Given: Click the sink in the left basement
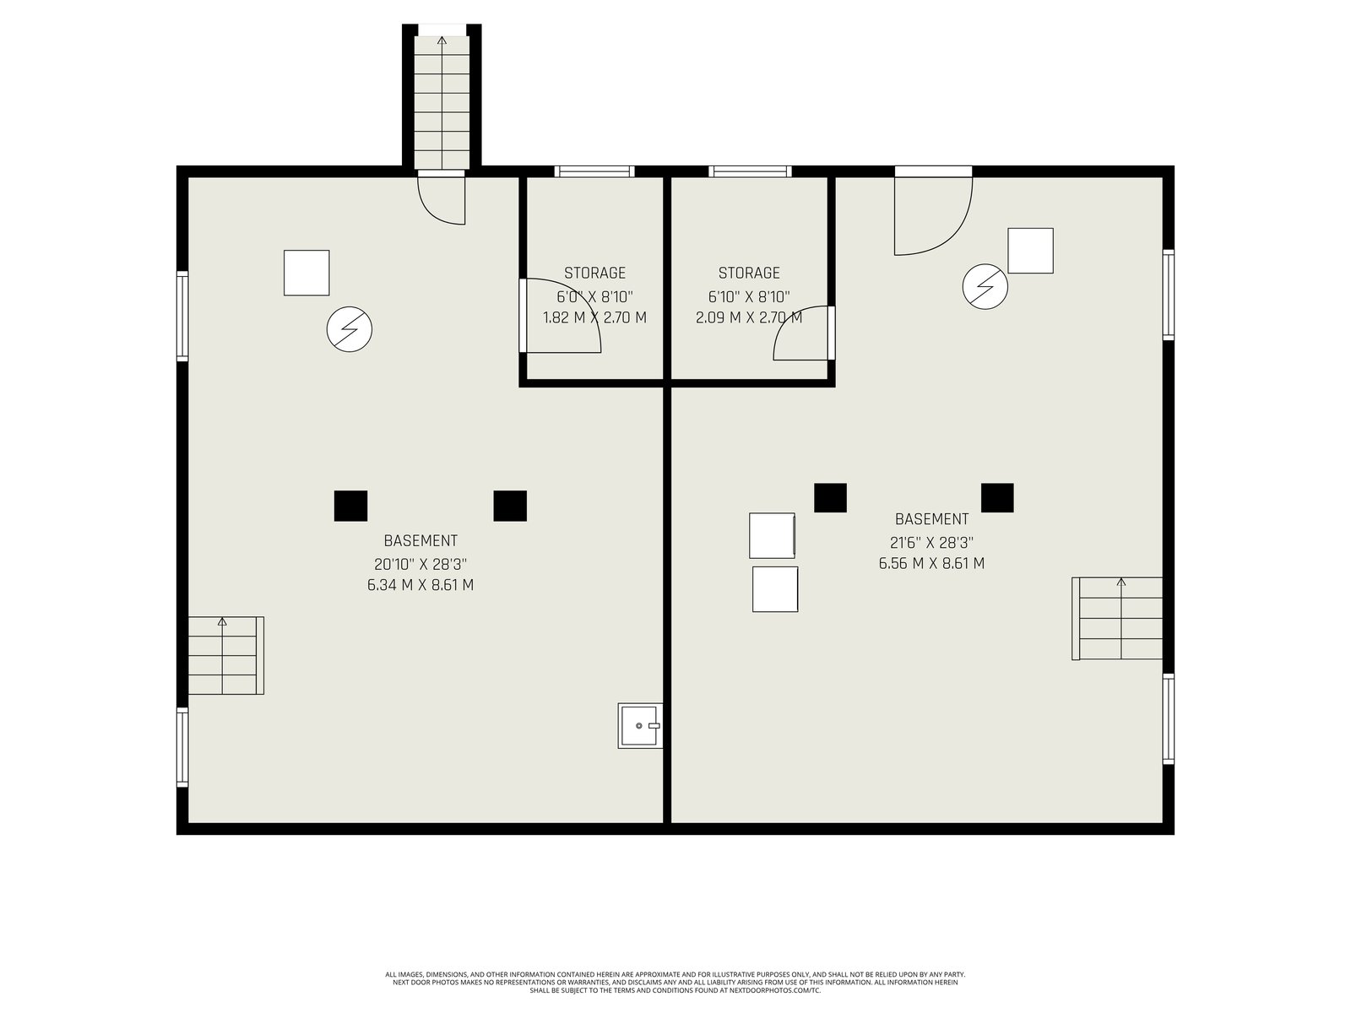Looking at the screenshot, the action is pyautogui.click(x=640, y=726).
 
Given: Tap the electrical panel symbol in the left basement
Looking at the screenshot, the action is pyautogui.click(x=350, y=330).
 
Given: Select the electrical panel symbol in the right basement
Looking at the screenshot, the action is pyautogui.click(x=985, y=287).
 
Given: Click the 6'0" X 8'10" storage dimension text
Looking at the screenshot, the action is pyautogui.click(x=594, y=297).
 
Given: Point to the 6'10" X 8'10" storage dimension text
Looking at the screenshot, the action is pyautogui.click(x=749, y=297).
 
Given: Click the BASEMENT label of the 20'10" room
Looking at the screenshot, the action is pyautogui.click(x=420, y=540).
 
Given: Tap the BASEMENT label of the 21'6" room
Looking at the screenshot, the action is pyautogui.click(x=931, y=519).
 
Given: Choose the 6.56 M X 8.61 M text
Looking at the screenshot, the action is pyautogui.click(x=931, y=563).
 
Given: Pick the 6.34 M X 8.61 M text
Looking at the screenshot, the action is pyautogui.click(x=420, y=585).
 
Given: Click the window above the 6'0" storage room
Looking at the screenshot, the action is pyautogui.click(x=594, y=171).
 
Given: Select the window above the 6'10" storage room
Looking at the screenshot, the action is pyautogui.click(x=749, y=171).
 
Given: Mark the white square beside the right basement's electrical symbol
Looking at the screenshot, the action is pyautogui.click(x=1030, y=251).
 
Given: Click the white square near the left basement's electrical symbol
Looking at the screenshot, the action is pyautogui.click(x=307, y=273).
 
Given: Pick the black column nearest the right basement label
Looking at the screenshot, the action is pyautogui.click(x=830, y=497).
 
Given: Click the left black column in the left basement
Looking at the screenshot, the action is pyautogui.click(x=350, y=506).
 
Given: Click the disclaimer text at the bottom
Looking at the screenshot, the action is pyautogui.click(x=675, y=983).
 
